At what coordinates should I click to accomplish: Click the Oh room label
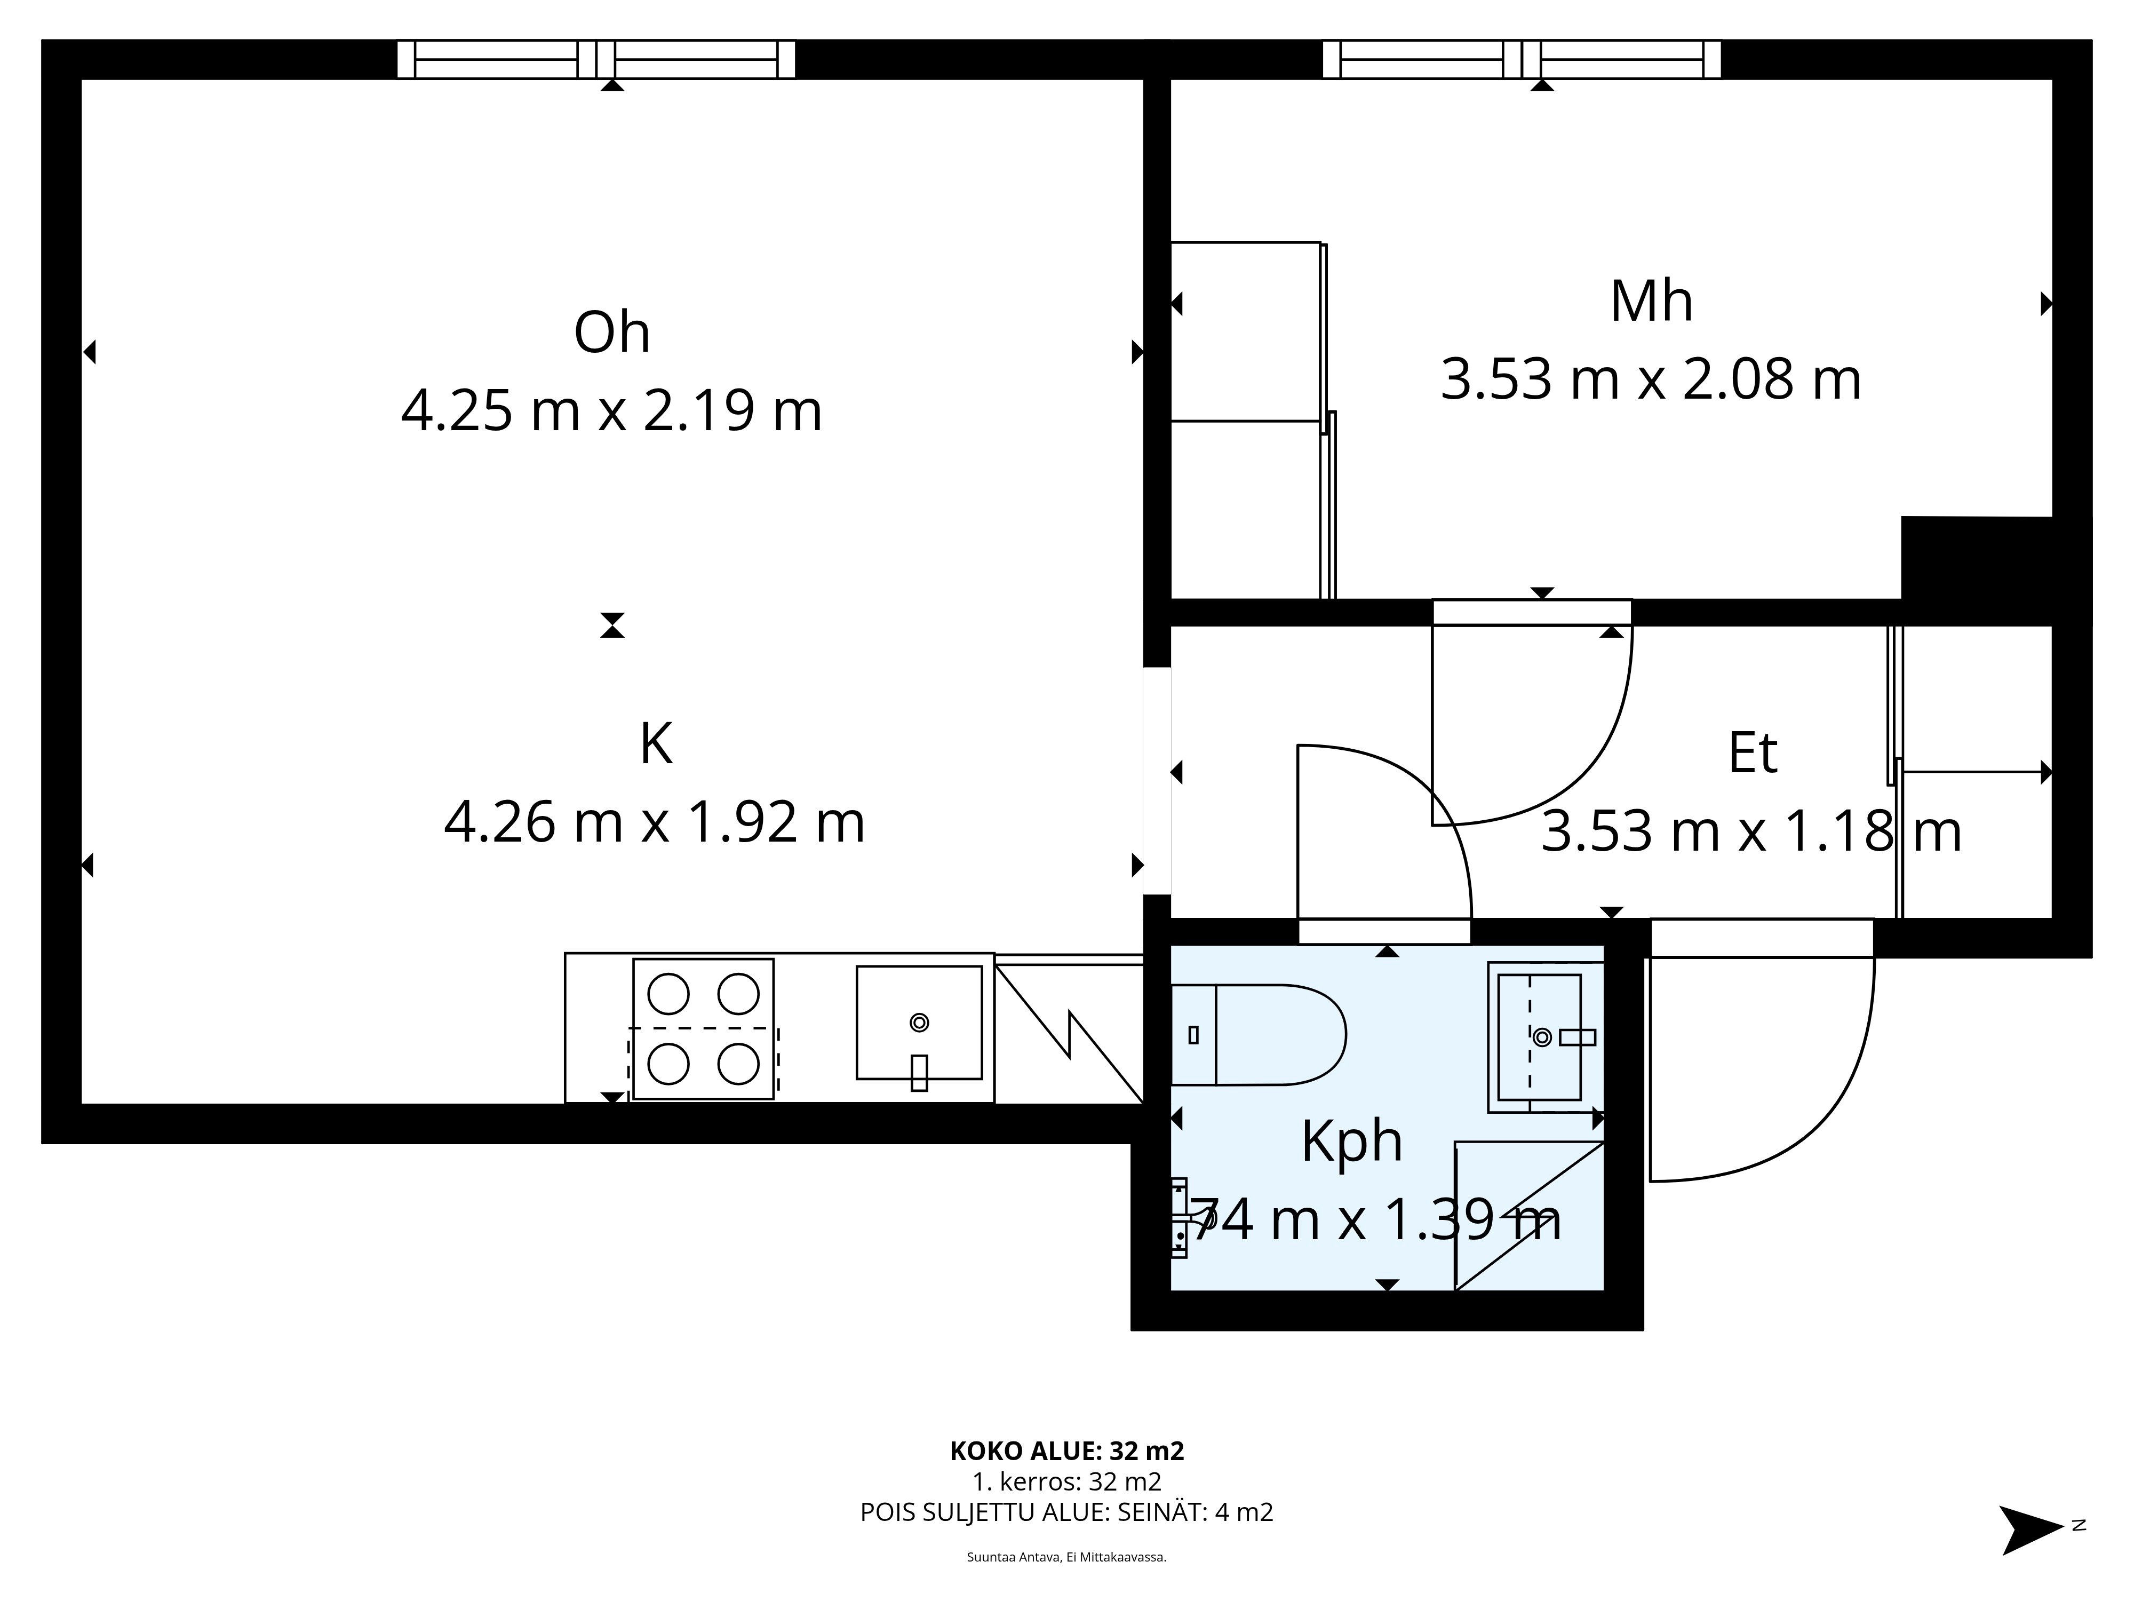[611, 333]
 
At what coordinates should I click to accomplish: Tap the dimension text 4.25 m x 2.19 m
[611, 410]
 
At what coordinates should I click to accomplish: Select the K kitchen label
[656, 745]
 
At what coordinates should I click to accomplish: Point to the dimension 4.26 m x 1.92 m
[654, 823]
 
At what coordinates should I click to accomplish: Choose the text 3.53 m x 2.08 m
[1651, 379]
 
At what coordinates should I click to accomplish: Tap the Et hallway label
[1752, 754]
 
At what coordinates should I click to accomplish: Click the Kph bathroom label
[1351, 1142]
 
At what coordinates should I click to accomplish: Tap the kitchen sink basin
[919, 1022]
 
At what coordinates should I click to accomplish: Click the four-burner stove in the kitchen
[703, 1029]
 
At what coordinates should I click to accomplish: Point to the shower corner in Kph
[1529, 1215]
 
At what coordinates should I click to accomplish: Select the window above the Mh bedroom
[1522, 59]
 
